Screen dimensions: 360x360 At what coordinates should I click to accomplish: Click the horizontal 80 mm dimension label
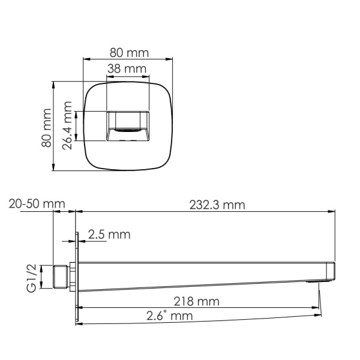click(127, 52)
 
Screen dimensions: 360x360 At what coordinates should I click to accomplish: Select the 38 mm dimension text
click(127, 70)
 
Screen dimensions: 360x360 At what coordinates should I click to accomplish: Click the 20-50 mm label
click(37, 204)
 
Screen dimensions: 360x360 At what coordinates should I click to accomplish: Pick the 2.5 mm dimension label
click(109, 235)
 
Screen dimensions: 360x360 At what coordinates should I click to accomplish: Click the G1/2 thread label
click(32, 278)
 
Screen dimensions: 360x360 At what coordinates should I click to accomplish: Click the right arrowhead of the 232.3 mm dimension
click(332, 211)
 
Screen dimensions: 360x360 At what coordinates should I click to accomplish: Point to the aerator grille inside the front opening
click(127, 130)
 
